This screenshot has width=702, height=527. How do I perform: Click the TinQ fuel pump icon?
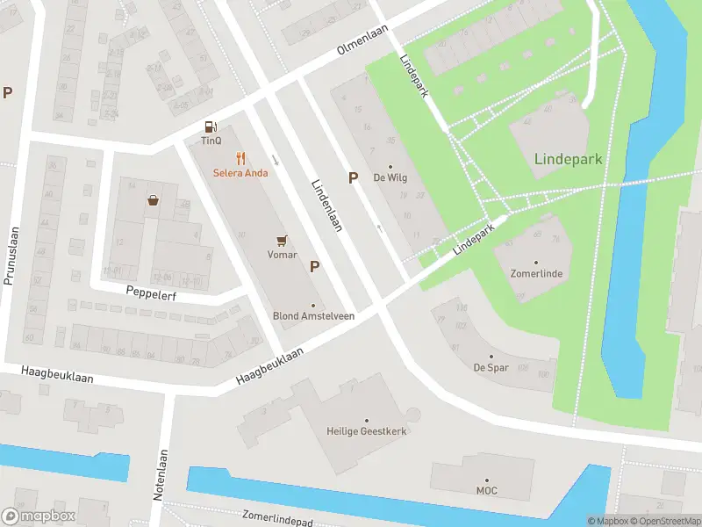click(210, 127)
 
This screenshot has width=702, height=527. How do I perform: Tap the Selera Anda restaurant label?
click(240, 172)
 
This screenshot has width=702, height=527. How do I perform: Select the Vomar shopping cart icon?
click(282, 240)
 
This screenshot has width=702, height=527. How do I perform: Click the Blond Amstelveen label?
click(313, 316)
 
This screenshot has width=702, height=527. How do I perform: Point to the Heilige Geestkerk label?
click(367, 431)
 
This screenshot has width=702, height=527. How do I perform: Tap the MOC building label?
click(486, 490)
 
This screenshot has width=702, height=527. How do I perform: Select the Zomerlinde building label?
click(536, 274)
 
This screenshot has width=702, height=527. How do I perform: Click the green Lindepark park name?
click(568, 159)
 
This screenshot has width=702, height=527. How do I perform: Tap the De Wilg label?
click(390, 177)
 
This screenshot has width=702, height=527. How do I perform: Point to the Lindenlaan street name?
click(326, 206)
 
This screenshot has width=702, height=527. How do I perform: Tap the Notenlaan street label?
click(160, 473)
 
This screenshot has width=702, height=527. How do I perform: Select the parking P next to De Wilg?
click(353, 177)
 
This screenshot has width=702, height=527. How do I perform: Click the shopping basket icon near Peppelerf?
click(154, 200)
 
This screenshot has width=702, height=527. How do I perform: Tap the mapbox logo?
click(39, 516)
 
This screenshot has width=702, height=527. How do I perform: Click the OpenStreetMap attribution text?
click(664, 521)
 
